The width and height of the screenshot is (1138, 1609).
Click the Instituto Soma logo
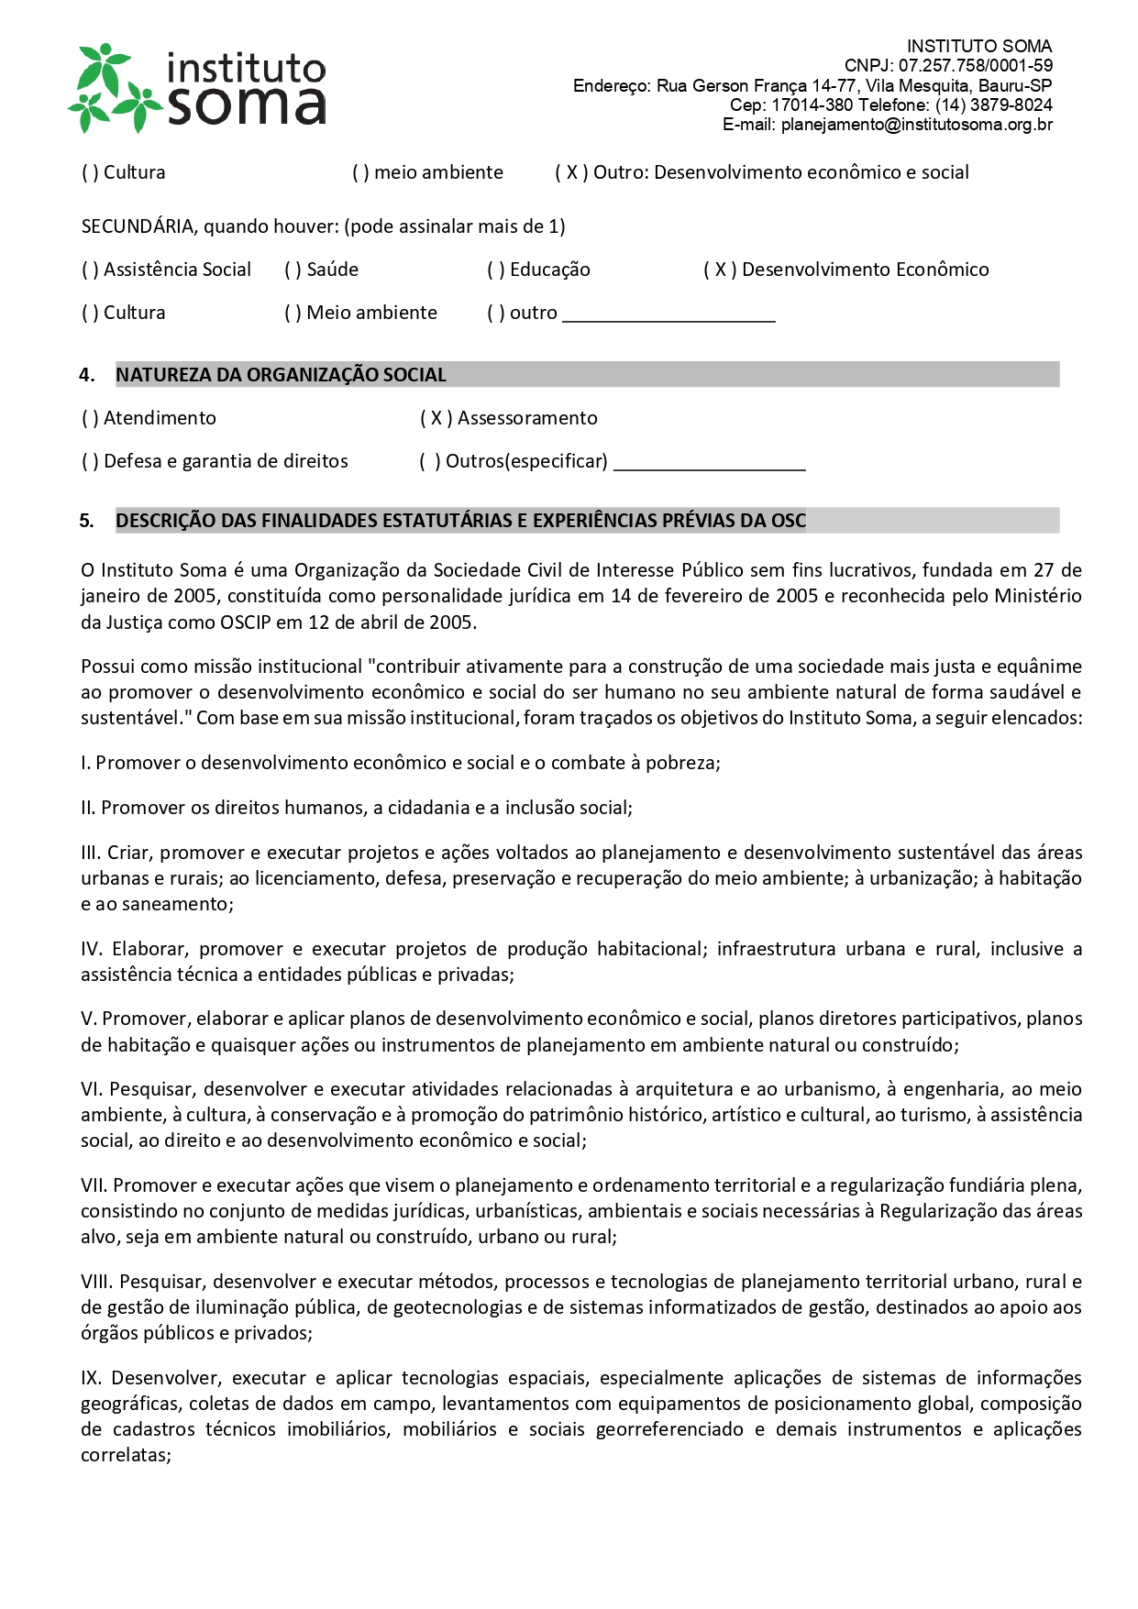(197, 88)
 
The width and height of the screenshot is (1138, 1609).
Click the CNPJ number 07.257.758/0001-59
(975, 66)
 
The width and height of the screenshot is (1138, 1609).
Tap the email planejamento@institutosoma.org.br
(916, 125)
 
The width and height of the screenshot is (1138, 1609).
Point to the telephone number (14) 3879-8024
(994, 105)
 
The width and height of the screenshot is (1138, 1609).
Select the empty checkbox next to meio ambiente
(360, 173)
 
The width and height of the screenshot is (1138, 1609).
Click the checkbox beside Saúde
(293, 270)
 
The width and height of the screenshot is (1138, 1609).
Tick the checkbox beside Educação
(495, 270)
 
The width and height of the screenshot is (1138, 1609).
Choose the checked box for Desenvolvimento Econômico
(720, 270)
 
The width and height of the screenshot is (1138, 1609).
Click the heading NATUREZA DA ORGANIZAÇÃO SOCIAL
(281, 375)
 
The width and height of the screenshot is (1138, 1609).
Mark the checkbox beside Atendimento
(90, 419)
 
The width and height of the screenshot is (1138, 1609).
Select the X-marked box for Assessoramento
(436, 419)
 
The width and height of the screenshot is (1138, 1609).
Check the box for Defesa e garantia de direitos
(90, 462)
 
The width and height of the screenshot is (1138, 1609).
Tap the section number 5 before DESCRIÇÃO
(86, 522)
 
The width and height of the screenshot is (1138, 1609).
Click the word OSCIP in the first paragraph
(245, 623)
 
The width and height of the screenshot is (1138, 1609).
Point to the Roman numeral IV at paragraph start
(90, 949)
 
